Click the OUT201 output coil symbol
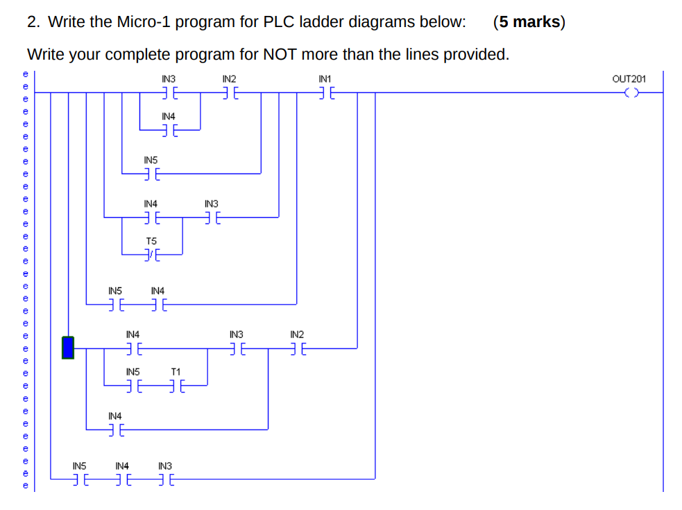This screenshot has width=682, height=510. coord(631,92)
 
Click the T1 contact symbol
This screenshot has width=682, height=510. coord(176,384)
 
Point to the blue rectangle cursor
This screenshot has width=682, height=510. coord(68,347)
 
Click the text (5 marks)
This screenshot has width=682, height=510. coord(529,22)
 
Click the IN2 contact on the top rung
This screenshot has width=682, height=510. coord(231,92)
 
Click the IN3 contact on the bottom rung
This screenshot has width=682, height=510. coord(167,479)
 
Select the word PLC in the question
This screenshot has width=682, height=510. coord(280,22)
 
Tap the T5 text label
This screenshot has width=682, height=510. coord(151,241)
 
